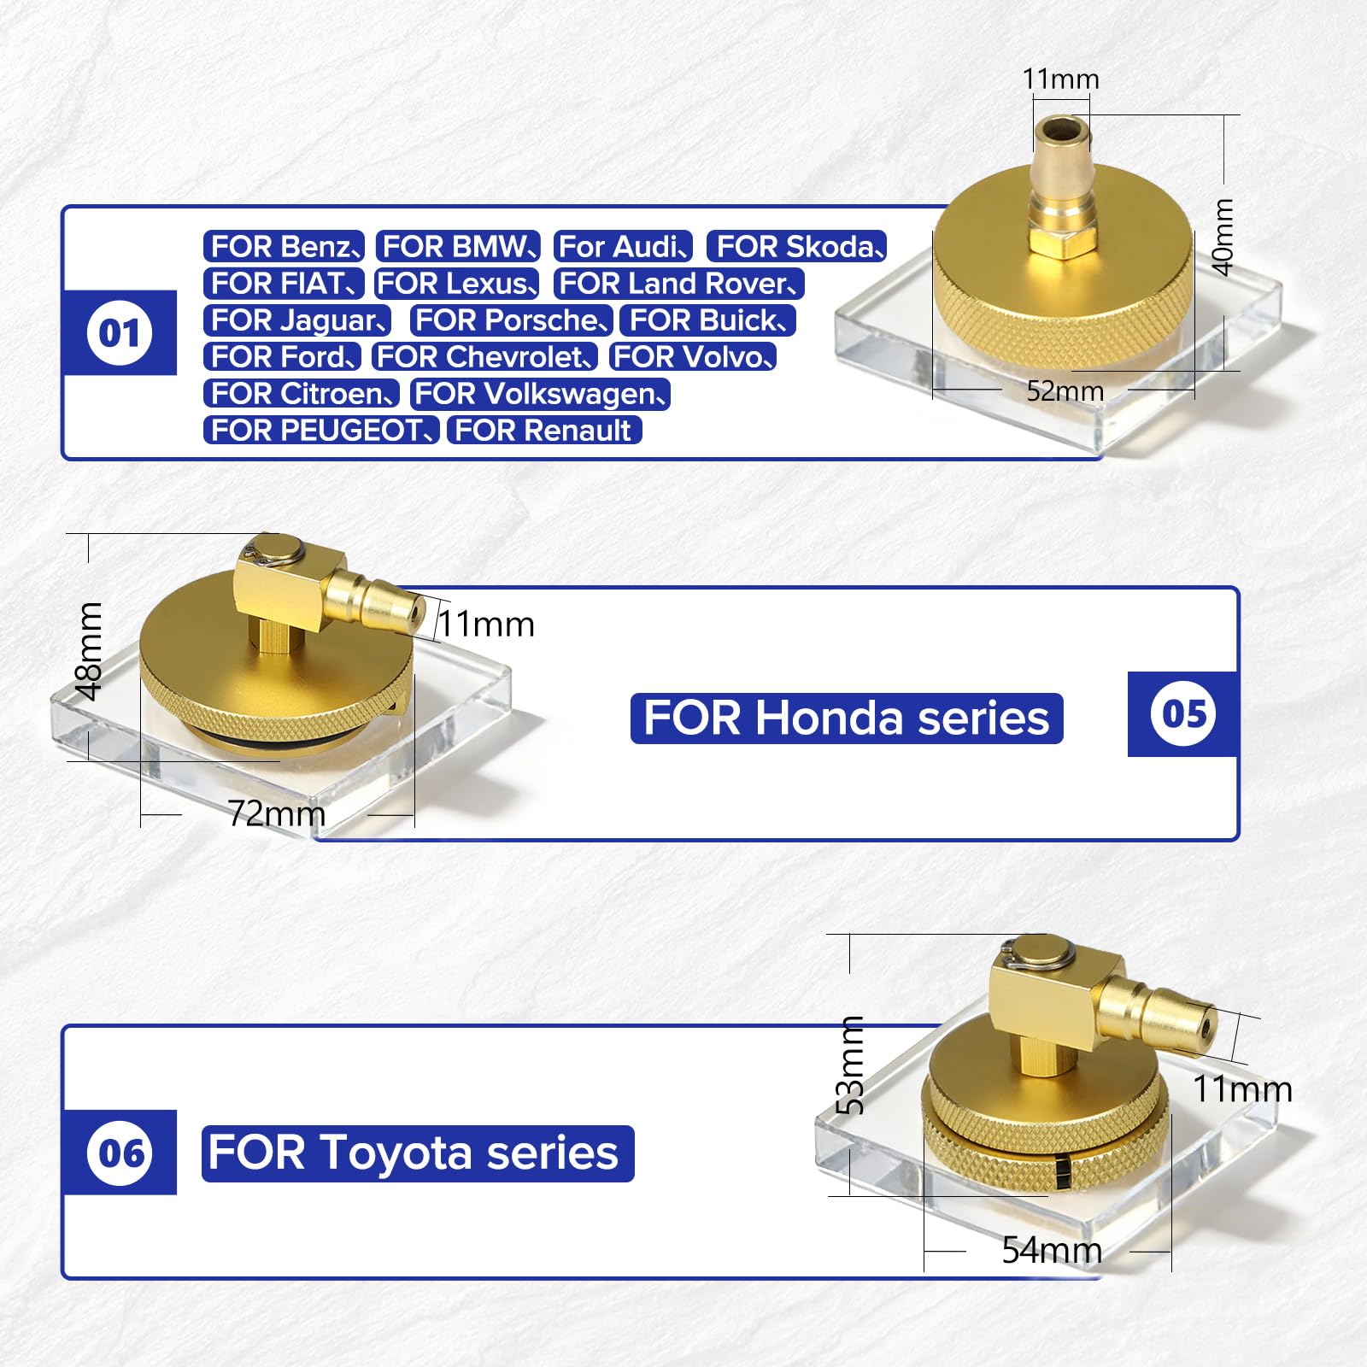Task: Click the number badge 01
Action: (119, 332)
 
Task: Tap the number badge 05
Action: (1183, 714)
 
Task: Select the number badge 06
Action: (120, 1153)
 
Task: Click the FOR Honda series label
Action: (847, 719)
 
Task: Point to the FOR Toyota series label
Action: (418, 1153)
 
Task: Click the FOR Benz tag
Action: (285, 247)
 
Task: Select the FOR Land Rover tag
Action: (679, 284)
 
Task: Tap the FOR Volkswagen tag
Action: (540, 394)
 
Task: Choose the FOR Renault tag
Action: (544, 430)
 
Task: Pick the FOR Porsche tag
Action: (512, 320)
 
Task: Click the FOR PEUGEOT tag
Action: (321, 430)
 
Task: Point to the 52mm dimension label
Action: (1065, 391)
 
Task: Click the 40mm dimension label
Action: (1223, 237)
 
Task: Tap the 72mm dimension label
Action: (277, 813)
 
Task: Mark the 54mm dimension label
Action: (1052, 1250)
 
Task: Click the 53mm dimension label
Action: (850, 1065)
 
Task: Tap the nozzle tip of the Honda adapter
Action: (414, 611)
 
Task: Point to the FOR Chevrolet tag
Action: (484, 356)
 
